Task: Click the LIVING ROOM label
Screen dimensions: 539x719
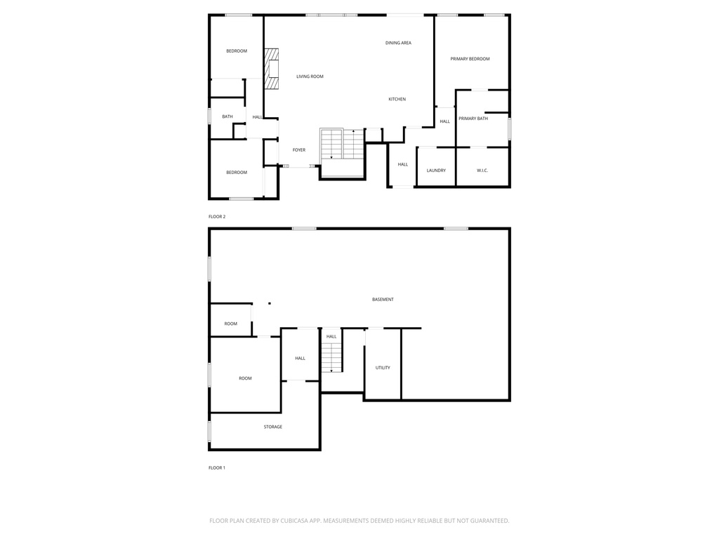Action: point(310,76)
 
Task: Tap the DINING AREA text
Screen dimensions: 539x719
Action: point(398,43)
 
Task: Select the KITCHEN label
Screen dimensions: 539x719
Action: point(397,99)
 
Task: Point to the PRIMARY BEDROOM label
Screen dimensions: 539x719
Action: point(470,59)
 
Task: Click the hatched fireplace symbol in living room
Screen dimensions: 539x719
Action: point(271,68)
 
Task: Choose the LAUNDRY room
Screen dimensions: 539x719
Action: point(436,171)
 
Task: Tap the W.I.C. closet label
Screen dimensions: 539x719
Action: point(482,171)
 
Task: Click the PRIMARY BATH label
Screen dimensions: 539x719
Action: point(473,119)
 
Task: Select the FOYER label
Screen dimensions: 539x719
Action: point(299,149)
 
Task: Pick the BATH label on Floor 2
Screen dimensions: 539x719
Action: point(227,117)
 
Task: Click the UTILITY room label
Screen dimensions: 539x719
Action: point(383,368)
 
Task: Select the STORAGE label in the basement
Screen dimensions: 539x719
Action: point(273,427)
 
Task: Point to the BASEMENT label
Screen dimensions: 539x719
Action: point(383,300)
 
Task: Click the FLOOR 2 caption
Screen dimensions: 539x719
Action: point(217,216)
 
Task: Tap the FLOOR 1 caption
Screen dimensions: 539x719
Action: point(217,467)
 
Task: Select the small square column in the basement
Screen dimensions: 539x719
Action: point(270,303)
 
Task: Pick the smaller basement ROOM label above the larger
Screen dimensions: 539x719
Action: point(231,324)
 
